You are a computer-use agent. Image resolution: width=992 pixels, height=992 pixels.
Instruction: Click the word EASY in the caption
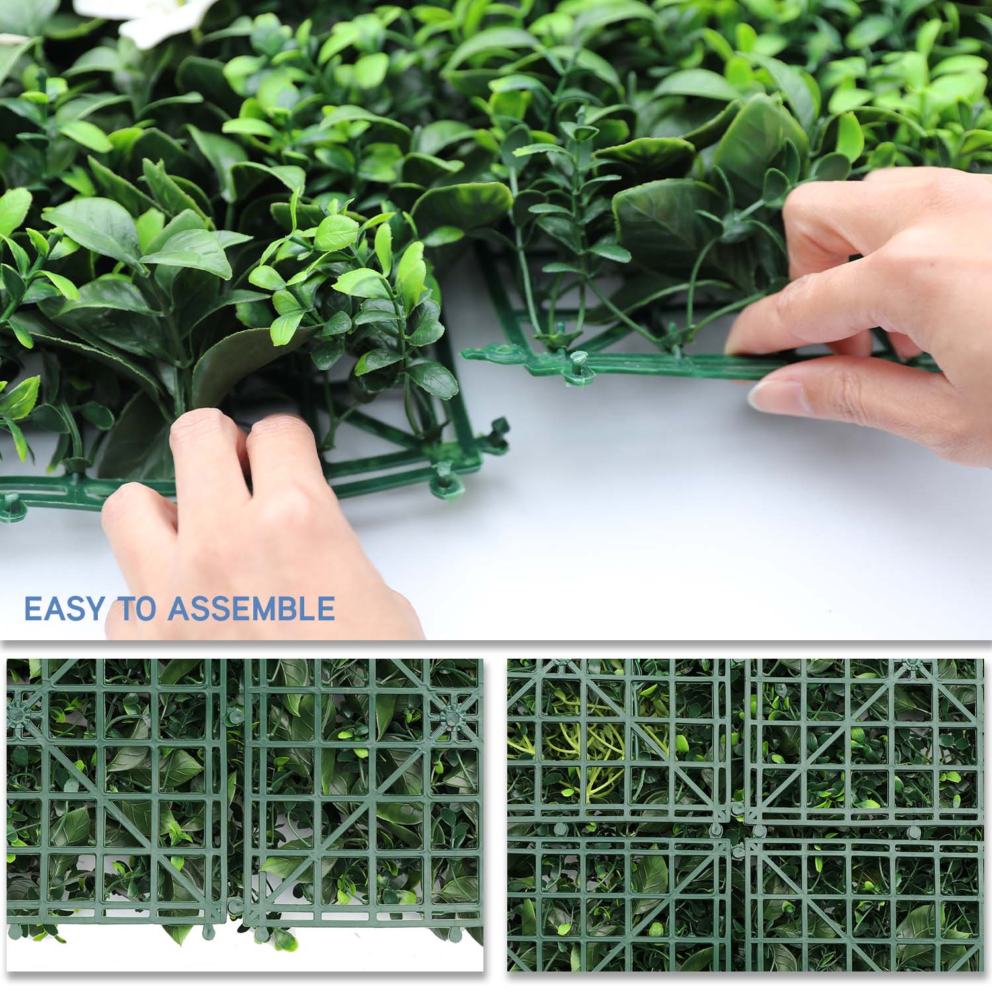coord(65,608)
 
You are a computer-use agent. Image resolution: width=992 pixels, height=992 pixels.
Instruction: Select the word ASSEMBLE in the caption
coord(252,608)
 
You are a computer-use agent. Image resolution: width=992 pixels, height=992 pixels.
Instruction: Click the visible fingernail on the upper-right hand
coord(767,395)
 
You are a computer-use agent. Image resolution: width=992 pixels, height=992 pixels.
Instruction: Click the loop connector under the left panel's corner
coord(443,483)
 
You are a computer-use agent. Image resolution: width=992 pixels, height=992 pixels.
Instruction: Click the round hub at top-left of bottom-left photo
coord(19,713)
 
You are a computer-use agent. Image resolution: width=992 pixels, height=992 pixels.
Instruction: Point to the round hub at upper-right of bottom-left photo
coord(453,716)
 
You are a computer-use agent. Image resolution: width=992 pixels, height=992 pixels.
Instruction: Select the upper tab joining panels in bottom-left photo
coord(235,714)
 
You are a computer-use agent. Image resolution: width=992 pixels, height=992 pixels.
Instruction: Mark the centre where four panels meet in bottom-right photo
coord(737,830)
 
